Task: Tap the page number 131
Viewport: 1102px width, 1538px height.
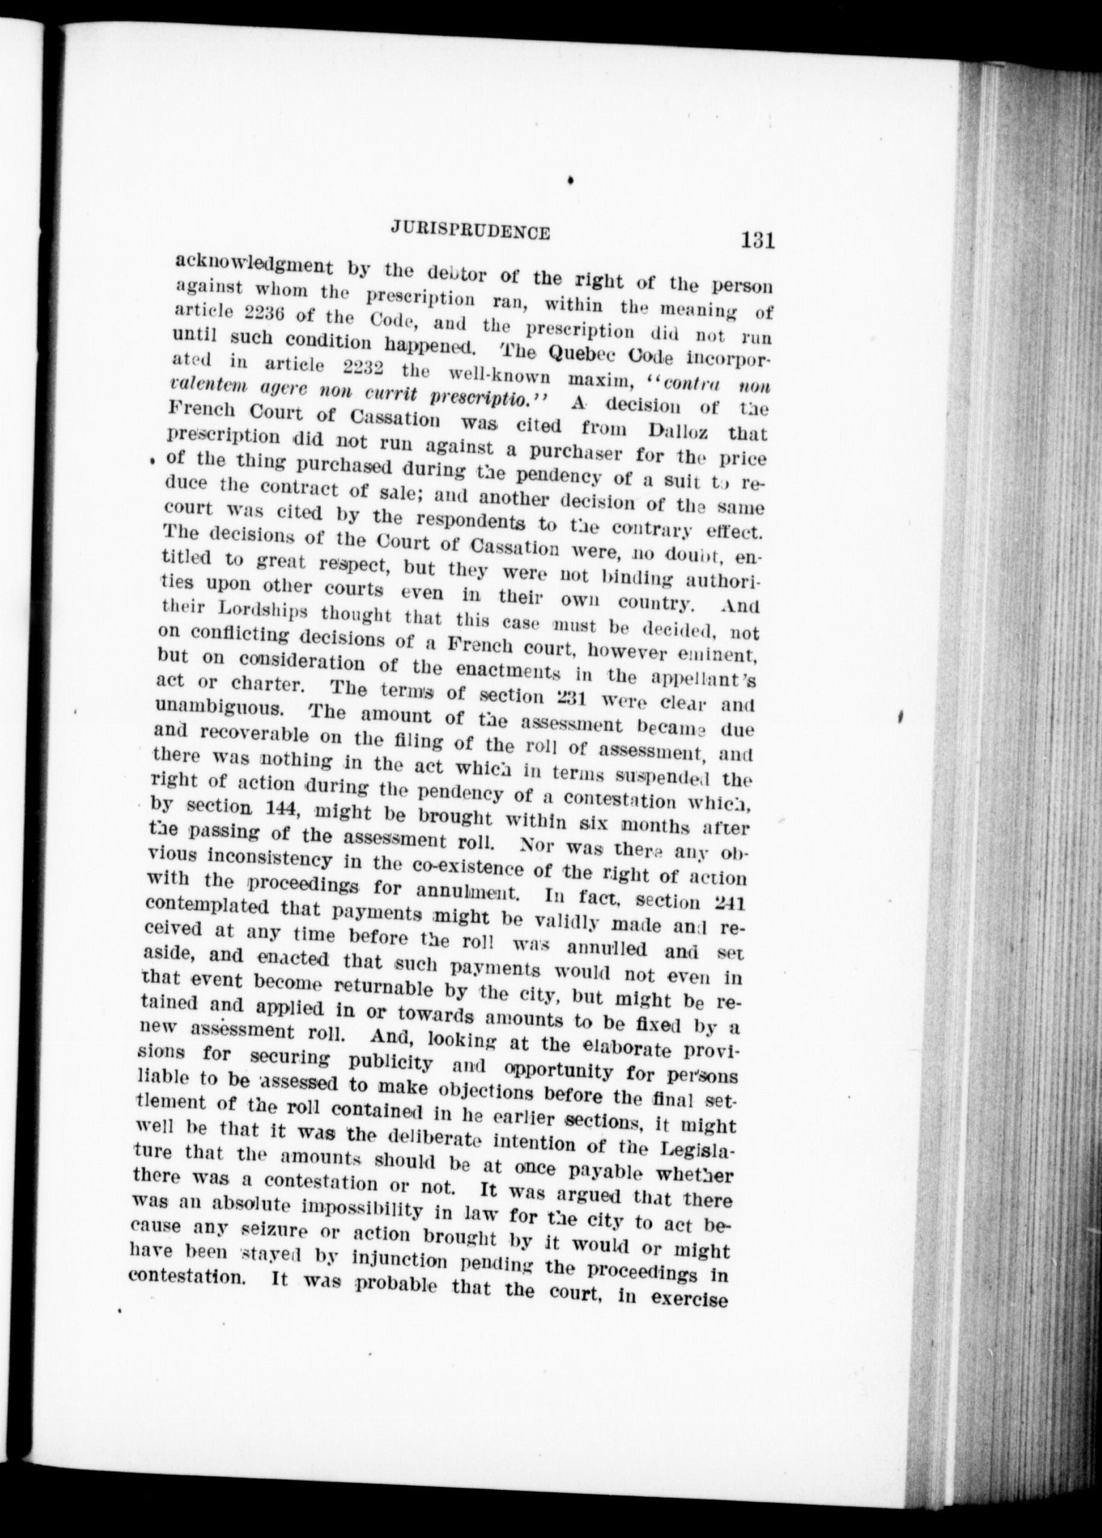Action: pyautogui.click(x=758, y=241)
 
